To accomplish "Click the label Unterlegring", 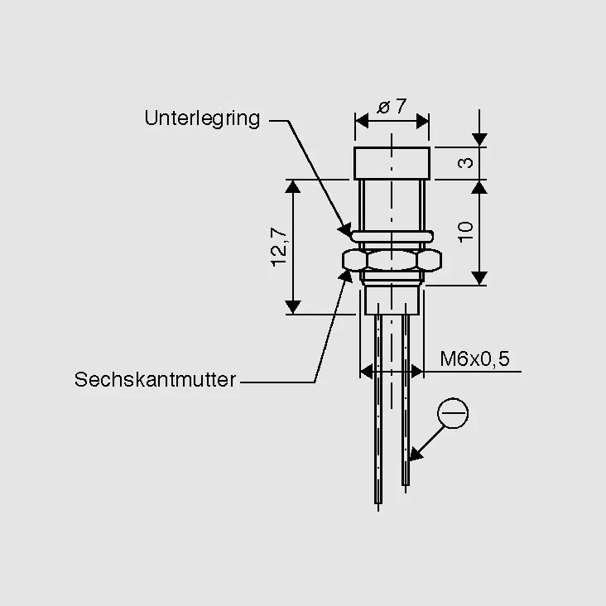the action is tap(202, 118).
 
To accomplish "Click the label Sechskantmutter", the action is tap(155, 379).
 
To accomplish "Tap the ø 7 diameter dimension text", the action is tap(392, 106).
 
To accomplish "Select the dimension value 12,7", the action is tap(279, 248).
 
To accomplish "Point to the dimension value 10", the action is tap(466, 232).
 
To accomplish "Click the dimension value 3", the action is tap(465, 163).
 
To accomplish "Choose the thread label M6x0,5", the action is tap(475, 358).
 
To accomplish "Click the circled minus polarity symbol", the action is tap(453, 413).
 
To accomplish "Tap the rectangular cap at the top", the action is tap(392, 163).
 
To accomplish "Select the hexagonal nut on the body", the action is tap(392, 260).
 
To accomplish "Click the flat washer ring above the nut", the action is tap(392, 236).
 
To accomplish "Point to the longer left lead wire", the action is tap(378, 409).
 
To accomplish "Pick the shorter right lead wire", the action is tap(406, 399).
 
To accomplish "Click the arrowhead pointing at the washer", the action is tap(345, 230).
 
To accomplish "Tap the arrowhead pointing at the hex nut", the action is tap(345, 277).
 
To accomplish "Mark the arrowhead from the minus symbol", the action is tap(415, 454).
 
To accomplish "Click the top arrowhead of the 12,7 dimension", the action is tap(293, 186).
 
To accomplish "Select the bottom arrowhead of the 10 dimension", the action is tap(479, 278).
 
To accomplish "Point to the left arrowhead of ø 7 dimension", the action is tap(362, 122).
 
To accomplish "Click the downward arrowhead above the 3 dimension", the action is tap(479, 140).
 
